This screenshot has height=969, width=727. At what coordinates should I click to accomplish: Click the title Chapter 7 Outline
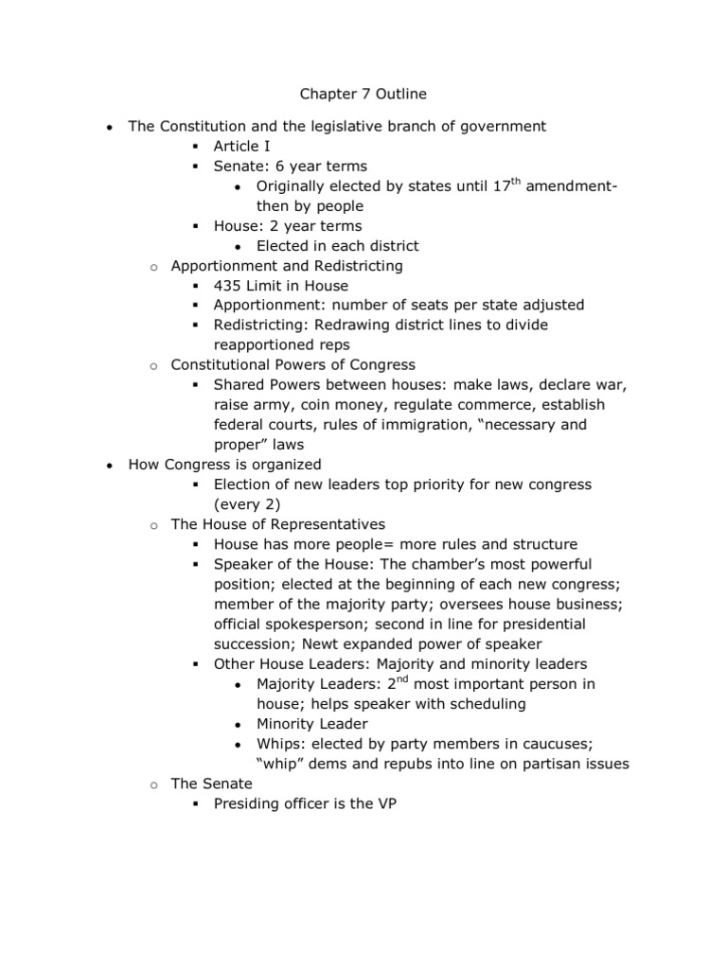click(x=363, y=94)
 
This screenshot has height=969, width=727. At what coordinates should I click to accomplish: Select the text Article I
click(x=243, y=146)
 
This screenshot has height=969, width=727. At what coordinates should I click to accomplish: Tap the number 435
click(x=228, y=286)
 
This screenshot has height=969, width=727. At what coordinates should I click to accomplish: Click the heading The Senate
click(x=211, y=784)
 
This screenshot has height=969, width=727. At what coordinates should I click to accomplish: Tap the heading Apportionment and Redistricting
click(x=286, y=266)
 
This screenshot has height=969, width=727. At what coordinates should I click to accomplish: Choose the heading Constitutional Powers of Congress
click(x=293, y=364)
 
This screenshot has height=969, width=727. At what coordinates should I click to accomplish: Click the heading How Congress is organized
click(x=225, y=465)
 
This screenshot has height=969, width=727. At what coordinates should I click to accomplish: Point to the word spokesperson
click(x=315, y=624)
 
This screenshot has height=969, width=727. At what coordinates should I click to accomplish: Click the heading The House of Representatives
click(x=277, y=523)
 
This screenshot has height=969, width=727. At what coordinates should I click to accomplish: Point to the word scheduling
click(x=480, y=704)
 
